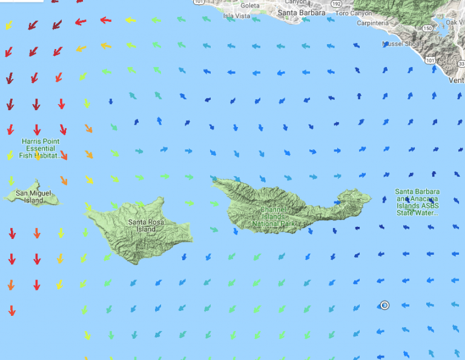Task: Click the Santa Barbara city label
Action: point(301,12)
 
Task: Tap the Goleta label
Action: point(250,5)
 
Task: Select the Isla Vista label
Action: point(237,16)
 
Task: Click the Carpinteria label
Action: point(373,23)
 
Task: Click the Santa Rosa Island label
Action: point(146,225)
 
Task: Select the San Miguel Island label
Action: point(30,197)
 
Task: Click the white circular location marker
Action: point(384,305)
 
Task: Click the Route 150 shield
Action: point(428,28)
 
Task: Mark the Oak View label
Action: point(455,23)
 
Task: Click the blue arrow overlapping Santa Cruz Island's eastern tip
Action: point(337,201)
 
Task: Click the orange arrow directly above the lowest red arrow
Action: point(11,284)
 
